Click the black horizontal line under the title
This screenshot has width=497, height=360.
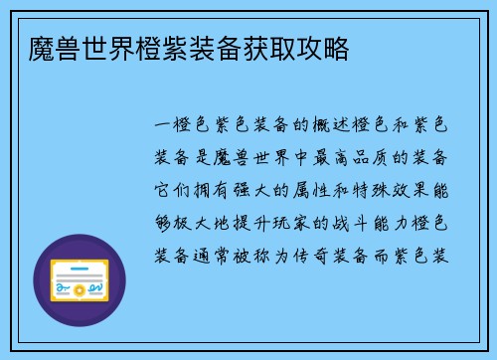[x=248, y=81]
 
